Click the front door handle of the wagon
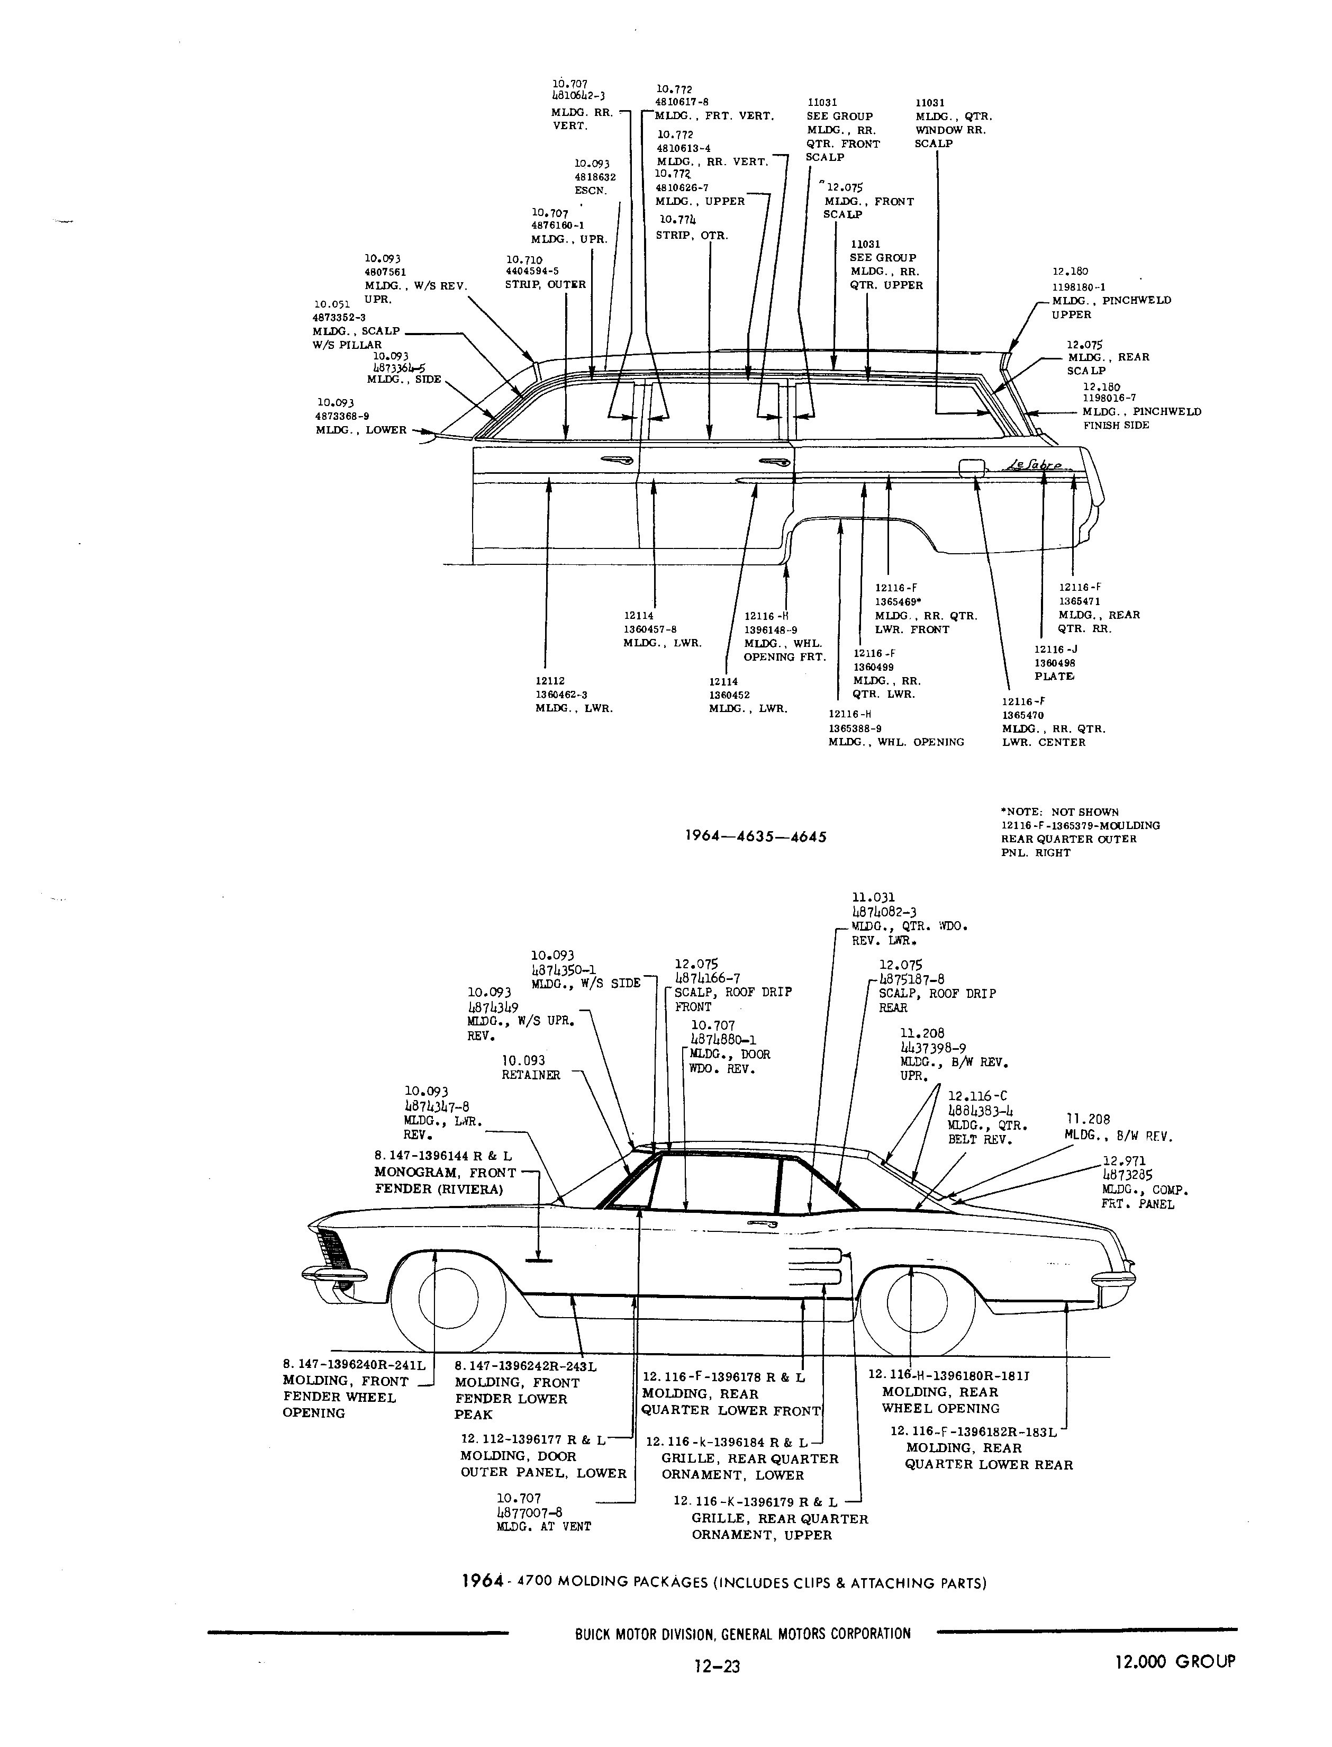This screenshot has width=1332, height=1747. point(615,461)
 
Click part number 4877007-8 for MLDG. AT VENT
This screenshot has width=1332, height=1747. point(530,1512)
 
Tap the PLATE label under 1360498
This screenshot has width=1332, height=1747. point(1054,677)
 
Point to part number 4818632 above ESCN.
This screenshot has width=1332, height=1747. point(595,177)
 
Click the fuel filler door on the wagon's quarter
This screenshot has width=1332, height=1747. point(971,467)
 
